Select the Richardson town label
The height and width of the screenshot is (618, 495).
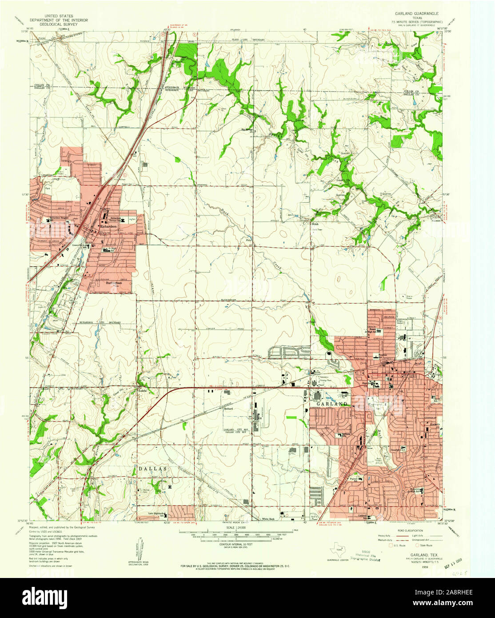point(108,226)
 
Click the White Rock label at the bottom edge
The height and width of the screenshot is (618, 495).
point(268,519)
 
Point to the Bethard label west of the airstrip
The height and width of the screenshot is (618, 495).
point(228,408)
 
